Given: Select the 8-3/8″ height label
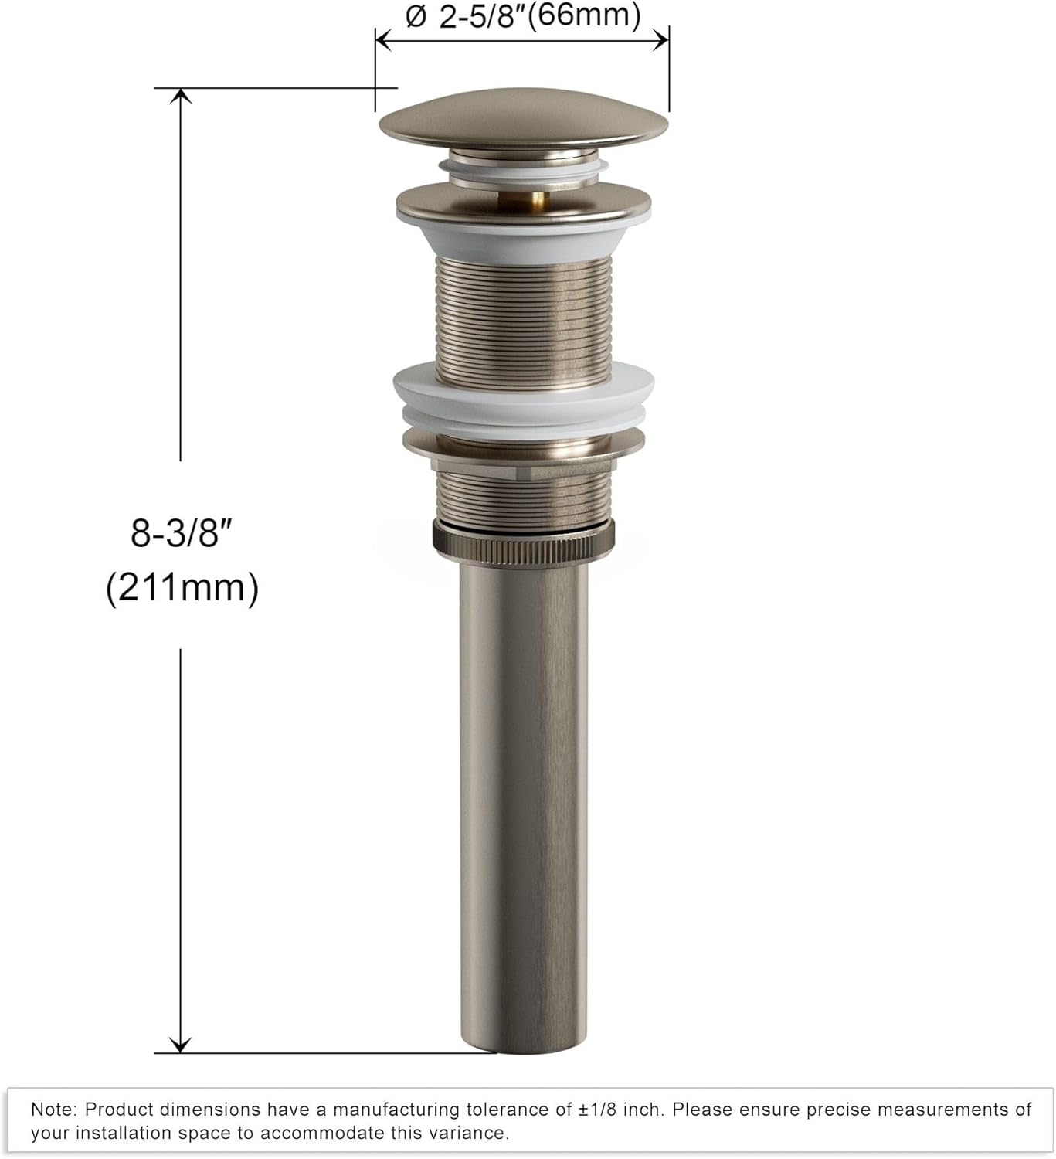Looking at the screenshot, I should click(182, 533).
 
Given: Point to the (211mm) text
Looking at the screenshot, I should click(182, 588).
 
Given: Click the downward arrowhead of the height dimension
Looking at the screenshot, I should click(181, 1045).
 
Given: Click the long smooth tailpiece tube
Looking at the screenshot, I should click(523, 773).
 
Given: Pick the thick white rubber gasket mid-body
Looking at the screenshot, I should click(523, 398).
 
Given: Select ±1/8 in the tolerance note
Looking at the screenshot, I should click(600, 1110).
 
